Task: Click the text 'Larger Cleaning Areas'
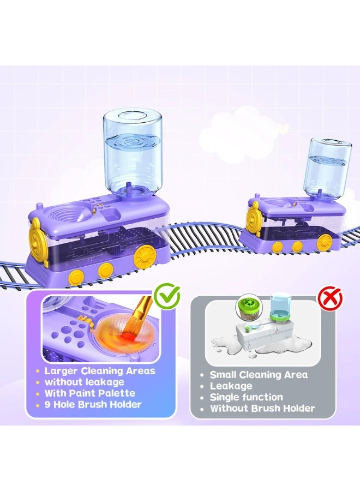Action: [x=100, y=371]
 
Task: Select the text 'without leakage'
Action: [x=85, y=382]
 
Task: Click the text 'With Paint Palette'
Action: [x=90, y=393]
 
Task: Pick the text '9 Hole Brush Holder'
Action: [x=93, y=404]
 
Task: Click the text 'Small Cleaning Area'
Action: [x=259, y=375]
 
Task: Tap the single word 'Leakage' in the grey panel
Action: [x=231, y=386]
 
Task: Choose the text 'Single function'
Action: [x=247, y=397]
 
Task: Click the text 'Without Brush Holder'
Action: [x=262, y=408]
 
